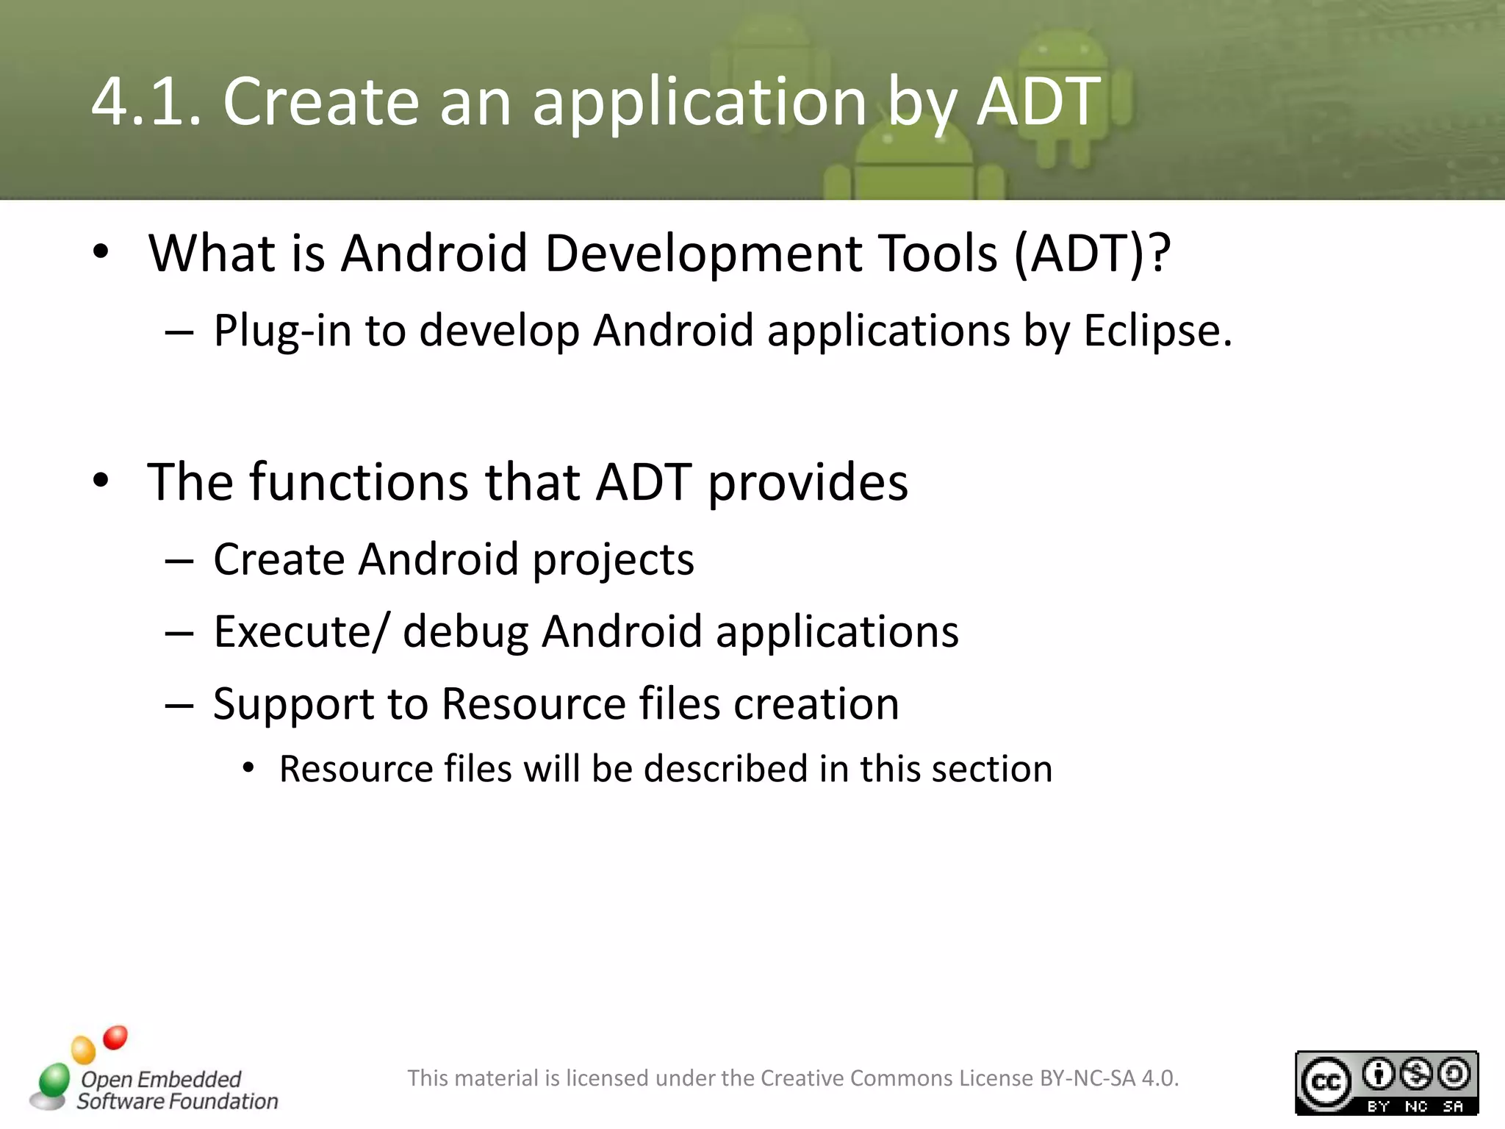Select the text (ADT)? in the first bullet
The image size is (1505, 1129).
click(1092, 254)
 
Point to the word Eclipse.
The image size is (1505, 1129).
click(1157, 331)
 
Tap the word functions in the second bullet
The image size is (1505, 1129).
click(359, 482)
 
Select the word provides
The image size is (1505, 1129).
click(808, 484)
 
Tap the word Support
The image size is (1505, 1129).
click(293, 705)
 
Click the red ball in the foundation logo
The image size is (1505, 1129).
click(115, 1037)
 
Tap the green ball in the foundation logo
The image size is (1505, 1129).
click(54, 1079)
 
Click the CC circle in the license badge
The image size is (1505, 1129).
click(1326, 1083)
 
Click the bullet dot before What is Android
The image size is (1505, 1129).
click(101, 252)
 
